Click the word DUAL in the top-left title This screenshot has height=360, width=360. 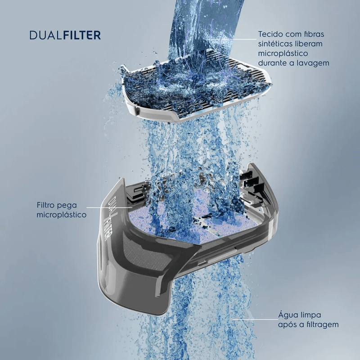click(46, 36)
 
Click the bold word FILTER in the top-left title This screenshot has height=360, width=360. click(82, 36)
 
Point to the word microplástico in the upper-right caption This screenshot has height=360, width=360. click(283, 54)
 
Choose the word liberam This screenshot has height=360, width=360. click(310, 44)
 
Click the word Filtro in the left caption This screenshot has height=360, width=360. click(45, 205)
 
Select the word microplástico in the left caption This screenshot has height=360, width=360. click(62, 215)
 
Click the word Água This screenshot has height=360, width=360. click(287, 315)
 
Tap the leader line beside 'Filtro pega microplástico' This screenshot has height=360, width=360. click(109, 207)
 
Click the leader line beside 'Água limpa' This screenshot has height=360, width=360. click(255, 319)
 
